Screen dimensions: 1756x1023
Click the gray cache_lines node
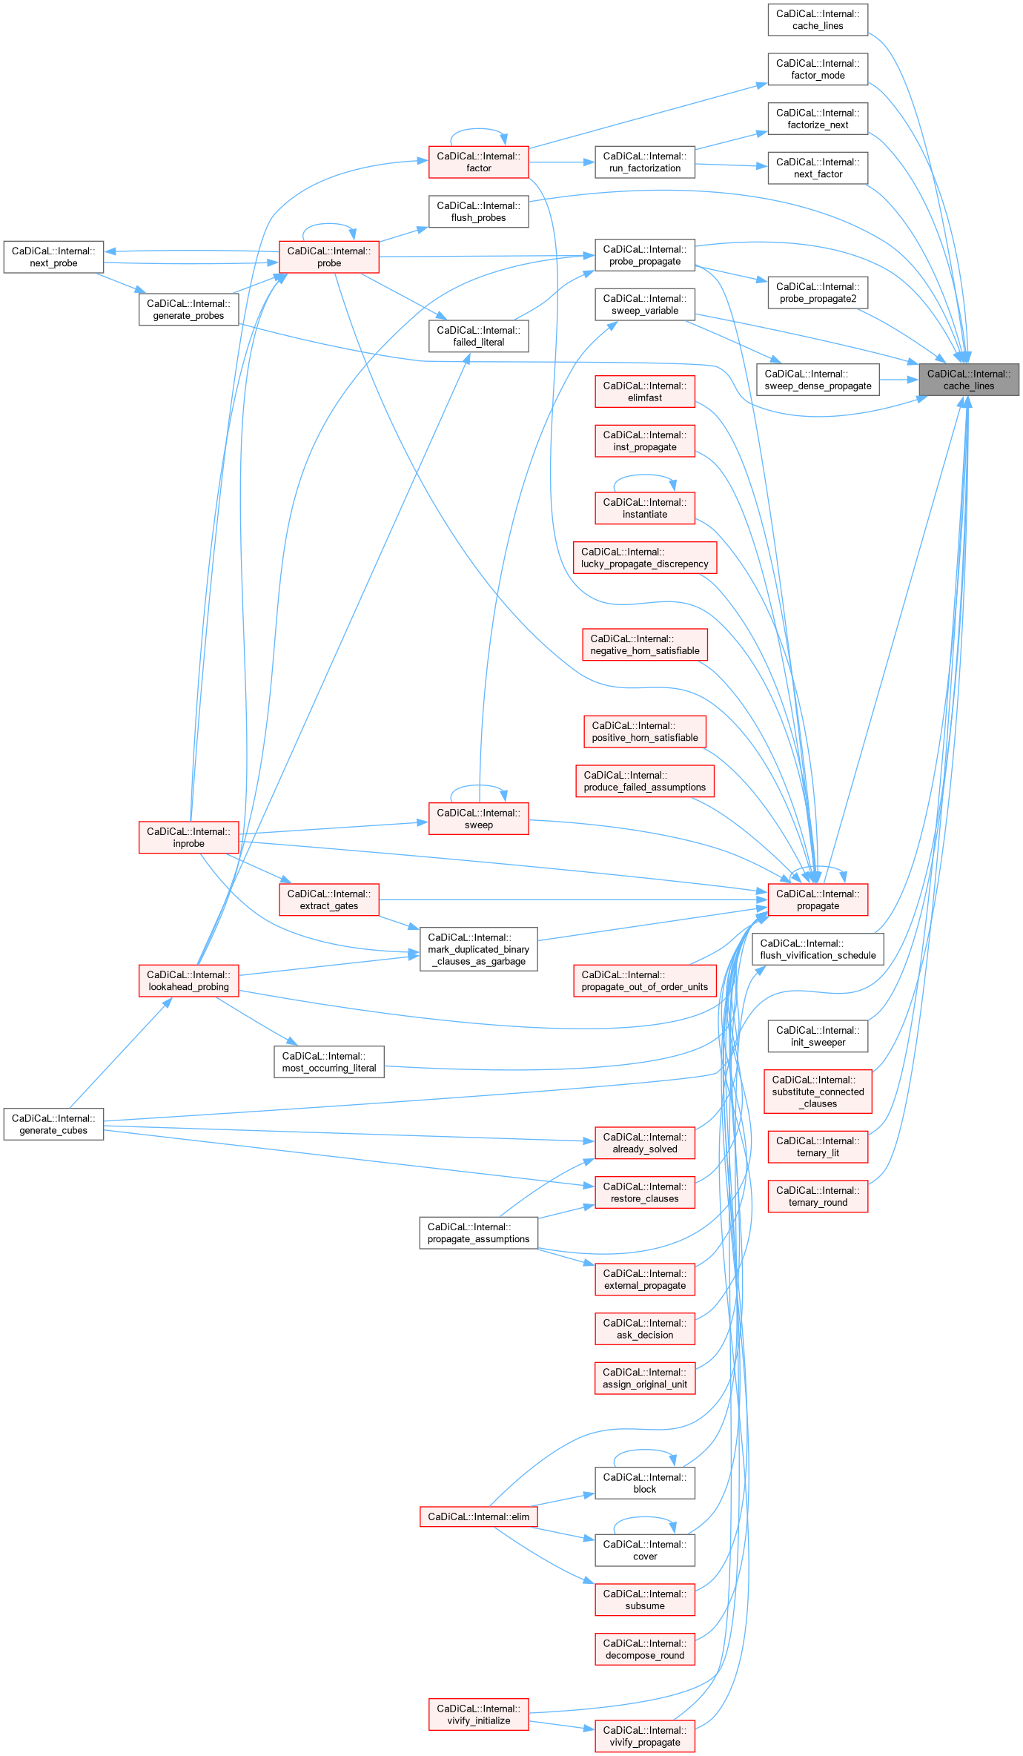(969, 380)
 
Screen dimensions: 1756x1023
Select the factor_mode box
(818, 70)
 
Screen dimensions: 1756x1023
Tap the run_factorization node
(645, 162)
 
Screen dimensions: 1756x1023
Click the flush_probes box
(478, 212)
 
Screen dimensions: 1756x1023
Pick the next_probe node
(53, 257)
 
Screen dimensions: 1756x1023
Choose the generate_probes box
(188, 310)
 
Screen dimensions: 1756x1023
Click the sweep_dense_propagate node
(818, 380)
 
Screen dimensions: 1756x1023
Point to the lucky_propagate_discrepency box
(645, 558)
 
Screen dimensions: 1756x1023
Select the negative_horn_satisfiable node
(645, 644)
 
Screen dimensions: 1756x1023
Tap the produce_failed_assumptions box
(645, 782)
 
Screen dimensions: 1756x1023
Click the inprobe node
(188, 838)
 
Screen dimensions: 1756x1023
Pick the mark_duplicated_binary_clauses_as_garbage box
(478, 949)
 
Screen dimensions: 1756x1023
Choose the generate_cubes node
(53, 1124)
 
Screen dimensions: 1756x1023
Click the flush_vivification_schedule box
(818, 949)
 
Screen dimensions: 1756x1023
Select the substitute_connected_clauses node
(818, 1092)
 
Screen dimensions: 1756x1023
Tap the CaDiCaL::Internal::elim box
(478, 1517)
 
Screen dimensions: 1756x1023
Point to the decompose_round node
(645, 1649)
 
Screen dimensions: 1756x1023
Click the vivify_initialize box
(478, 1714)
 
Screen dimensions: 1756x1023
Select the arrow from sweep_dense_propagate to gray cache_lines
(898, 380)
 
